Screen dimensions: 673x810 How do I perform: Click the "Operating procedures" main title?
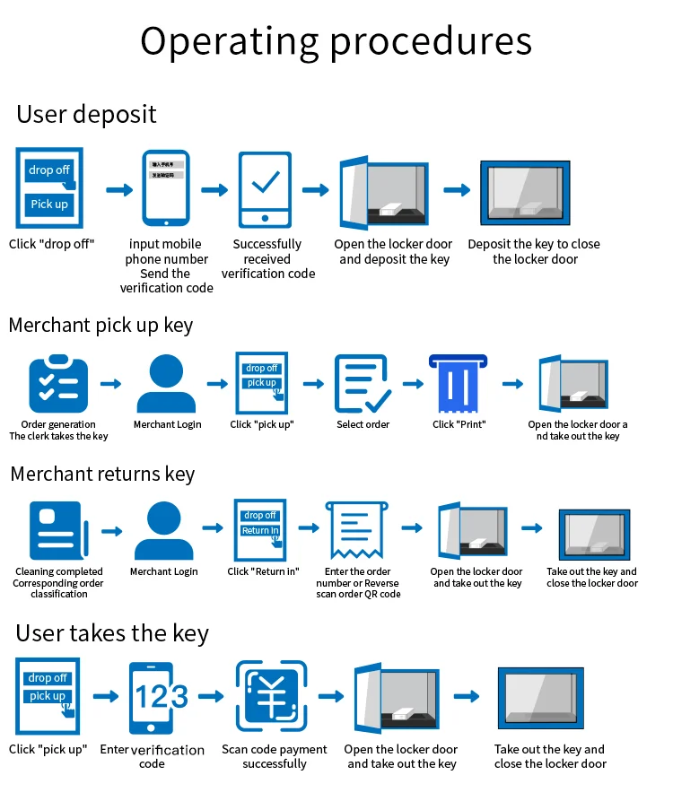[x=336, y=41]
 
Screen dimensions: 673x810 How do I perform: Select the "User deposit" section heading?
[x=86, y=115]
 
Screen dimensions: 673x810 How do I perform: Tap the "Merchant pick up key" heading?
[x=101, y=325]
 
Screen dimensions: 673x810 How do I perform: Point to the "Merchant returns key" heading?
[x=102, y=474]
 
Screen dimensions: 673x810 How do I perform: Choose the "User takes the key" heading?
[x=112, y=633]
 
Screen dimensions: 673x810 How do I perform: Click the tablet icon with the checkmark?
[x=265, y=189]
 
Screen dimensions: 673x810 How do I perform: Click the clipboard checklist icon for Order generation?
[x=58, y=385]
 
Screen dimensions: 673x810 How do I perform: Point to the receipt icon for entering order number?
[x=356, y=530]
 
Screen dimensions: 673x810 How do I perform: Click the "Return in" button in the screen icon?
[x=260, y=530]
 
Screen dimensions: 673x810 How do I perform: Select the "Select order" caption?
[x=363, y=424]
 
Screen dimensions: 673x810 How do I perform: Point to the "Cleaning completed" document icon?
[x=59, y=531]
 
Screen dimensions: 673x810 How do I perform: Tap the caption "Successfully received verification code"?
[x=267, y=258]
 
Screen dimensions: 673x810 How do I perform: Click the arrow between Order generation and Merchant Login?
[x=111, y=384]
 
